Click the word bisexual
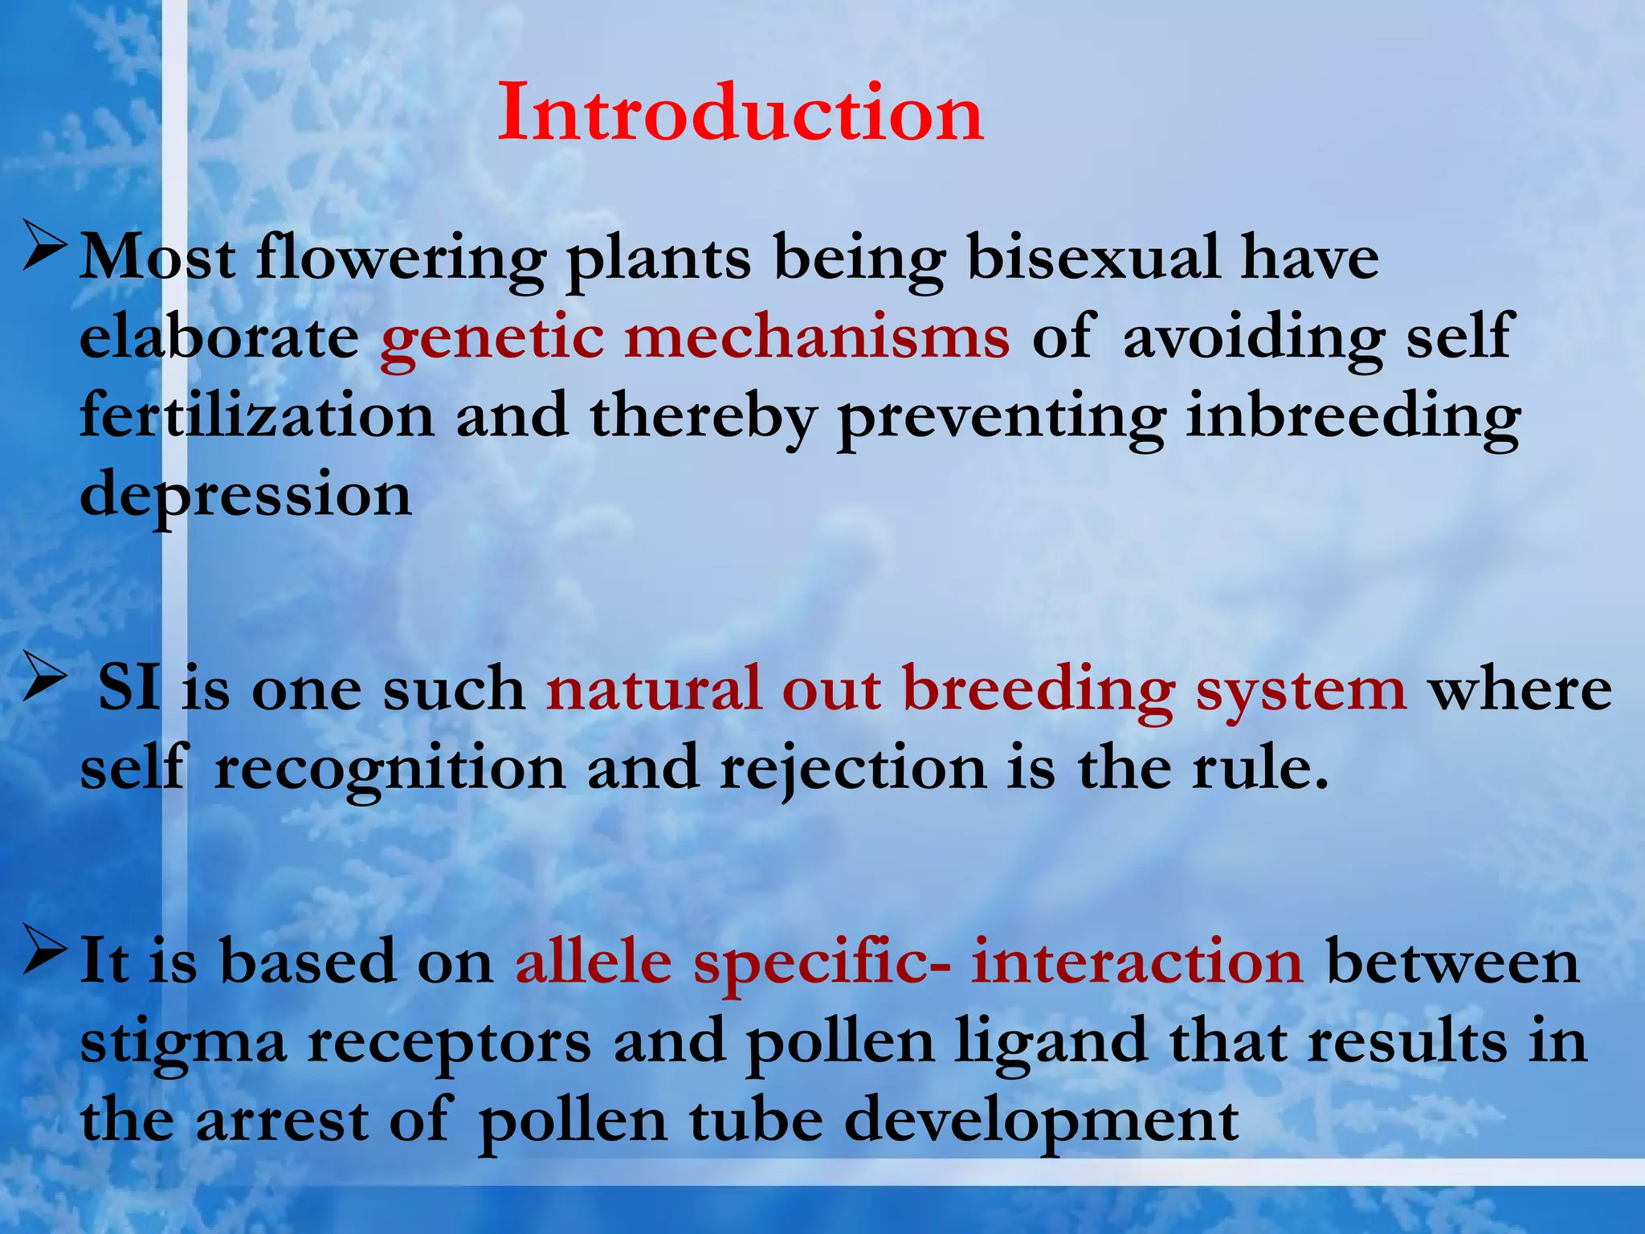[x=1093, y=258]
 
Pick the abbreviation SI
[x=129, y=689]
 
